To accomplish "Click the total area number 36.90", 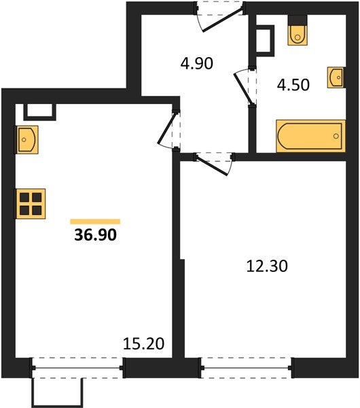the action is tap(95, 235).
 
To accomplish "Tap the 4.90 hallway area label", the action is tap(197, 63).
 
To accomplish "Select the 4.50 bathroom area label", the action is tap(293, 85).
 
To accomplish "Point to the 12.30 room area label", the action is tap(267, 266).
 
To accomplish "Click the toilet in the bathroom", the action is tap(298, 31).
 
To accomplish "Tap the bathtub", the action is tap(311, 136).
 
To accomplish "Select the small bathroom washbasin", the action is tap(336, 78).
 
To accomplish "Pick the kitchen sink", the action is tap(26, 139).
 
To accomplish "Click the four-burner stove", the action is tap(31, 204).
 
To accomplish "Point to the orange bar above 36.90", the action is tap(95, 222).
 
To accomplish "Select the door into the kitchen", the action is tap(169, 129).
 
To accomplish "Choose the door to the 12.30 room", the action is tap(214, 163).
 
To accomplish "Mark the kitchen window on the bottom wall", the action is tap(77, 368).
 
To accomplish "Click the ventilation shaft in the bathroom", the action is tap(265, 41).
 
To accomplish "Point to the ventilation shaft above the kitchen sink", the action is tap(39, 112).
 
